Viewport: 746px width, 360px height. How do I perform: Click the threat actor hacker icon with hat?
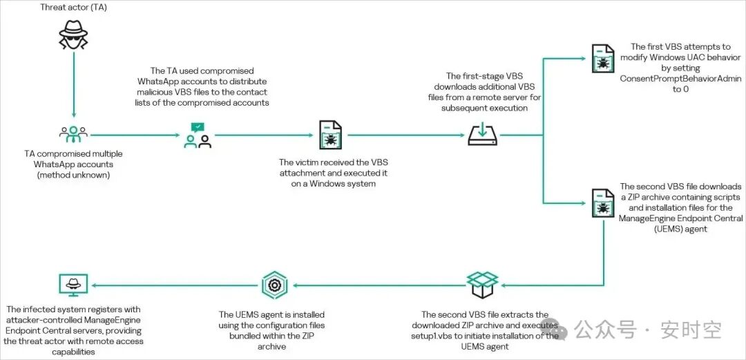(73, 34)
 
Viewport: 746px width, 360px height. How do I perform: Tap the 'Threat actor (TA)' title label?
(73, 7)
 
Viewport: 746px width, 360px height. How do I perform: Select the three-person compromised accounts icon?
(73, 135)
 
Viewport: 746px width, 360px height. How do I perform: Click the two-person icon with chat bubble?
(198, 135)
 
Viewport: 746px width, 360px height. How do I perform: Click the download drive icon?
(482, 134)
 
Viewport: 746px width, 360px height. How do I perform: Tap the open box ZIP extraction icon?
(482, 285)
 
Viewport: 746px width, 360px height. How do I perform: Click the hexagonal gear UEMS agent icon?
(274, 285)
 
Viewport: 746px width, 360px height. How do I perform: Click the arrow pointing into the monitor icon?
(175, 285)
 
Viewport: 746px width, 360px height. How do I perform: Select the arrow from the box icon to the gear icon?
(379, 285)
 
